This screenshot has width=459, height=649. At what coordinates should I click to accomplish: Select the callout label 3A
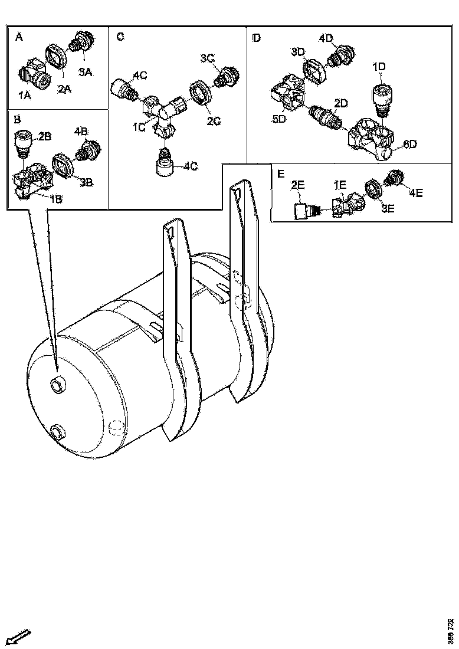pos(86,72)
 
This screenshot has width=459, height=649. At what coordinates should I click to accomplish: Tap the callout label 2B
pos(45,137)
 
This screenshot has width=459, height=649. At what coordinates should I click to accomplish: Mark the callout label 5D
pos(279,120)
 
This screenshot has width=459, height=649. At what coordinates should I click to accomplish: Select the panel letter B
pos(17,119)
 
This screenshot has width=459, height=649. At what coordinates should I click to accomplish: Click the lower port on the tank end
pos(57,431)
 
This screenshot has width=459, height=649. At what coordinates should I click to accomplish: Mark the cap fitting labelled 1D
pos(381,97)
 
